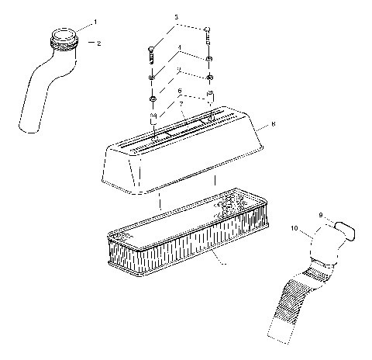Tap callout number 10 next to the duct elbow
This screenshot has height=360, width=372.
point(294,229)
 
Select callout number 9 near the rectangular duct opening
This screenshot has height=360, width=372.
point(319,215)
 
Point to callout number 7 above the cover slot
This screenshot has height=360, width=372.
point(181,102)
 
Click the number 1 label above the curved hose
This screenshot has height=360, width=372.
point(95,22)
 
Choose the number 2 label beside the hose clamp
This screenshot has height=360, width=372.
point(98,43)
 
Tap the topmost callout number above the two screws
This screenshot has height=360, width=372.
point(176,16)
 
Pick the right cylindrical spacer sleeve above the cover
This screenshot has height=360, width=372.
point(208,99)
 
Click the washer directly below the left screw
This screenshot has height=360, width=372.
point(152,78)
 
